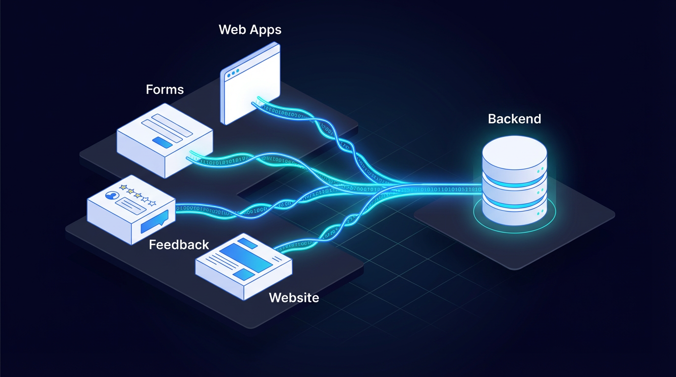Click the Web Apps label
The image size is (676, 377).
[250, 29]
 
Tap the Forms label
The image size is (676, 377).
[165, 89]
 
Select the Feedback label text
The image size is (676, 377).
[179, 244]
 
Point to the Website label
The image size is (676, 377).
[294, 297]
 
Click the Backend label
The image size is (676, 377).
[514, 119]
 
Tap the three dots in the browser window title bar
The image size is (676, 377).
[232, 72]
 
